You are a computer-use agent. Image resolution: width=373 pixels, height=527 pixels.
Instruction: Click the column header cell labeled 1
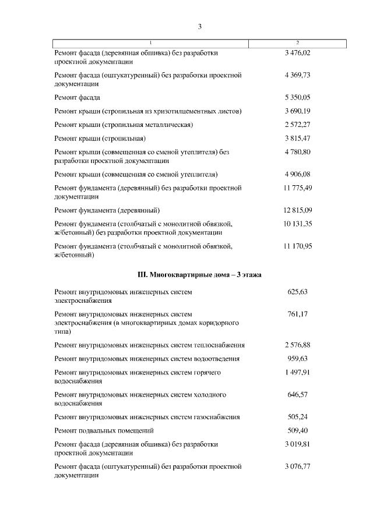(151, 43)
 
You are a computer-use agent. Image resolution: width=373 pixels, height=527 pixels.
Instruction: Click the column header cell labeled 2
(298, 43)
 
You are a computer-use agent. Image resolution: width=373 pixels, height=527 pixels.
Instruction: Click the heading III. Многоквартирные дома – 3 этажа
(199, 274)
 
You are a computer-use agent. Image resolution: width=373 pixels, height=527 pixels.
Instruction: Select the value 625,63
(298, 292)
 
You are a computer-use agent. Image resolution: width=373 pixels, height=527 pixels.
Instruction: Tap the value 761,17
(298, 314)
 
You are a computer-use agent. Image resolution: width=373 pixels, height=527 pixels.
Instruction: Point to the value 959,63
(298, 359)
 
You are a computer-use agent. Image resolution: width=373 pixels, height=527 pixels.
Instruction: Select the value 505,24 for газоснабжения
(298, 418)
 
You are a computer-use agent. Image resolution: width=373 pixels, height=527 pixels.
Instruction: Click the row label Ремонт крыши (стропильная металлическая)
(124, 125)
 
